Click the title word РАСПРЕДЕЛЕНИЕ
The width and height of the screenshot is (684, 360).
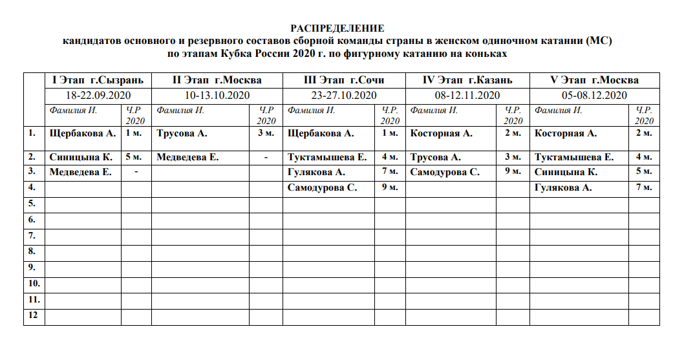(x=337, y=28)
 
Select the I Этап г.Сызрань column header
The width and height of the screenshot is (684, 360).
(x=98, y=80)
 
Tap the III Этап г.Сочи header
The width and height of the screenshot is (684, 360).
(x=343, y=80)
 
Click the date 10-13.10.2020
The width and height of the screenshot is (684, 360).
(x=217, y=95)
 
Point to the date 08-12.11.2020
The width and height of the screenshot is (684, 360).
(x=467, y=95)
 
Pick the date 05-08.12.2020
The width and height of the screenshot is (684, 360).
(x=594, y=95)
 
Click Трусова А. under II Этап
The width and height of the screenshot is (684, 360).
(x=182, y=134)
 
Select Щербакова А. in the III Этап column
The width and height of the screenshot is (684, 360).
(x=321, y=134)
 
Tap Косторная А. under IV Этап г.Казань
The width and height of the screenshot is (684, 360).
(x=442, y=134)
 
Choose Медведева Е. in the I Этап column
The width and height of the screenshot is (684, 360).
(x=81, y=173)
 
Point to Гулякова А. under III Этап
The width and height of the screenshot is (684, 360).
(x=317, y=173)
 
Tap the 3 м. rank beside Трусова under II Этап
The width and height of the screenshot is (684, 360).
(x=265, y=134)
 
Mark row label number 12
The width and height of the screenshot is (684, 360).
(x=33, y=315)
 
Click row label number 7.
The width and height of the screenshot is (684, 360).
(x=32, y=235)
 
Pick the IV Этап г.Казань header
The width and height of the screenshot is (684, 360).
(x=467, y=80)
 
